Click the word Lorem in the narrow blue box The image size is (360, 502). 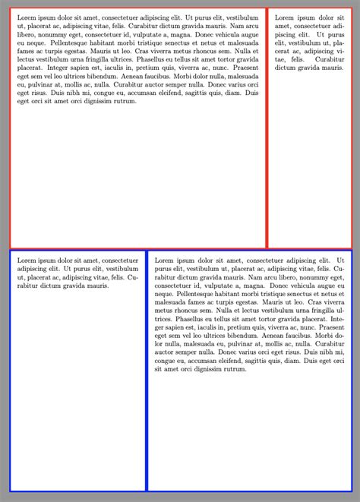click(26, 260)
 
